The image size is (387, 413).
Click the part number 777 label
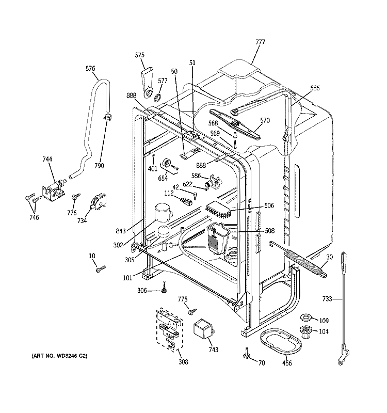click(x=260, y=42)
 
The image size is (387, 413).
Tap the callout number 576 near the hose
click(x=90, y=68)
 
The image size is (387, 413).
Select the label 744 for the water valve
click(x=47, y=160)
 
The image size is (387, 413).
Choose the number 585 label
click(x=315, y=88)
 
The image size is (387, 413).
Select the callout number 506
click(x=269, y=205)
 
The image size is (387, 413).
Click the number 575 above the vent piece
click(x=139, y=55)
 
